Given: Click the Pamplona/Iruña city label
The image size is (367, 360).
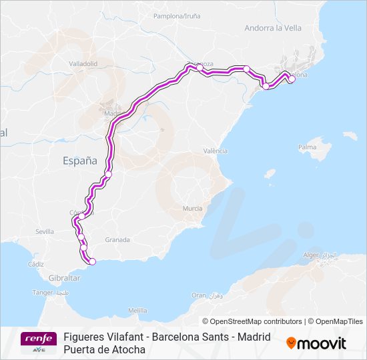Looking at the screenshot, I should [x=177, y=15].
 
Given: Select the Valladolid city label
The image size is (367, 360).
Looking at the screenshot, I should [x=83, y=64].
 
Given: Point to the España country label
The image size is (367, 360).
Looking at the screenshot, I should [x=79, y=161].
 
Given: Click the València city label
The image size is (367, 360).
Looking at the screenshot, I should [x=216, y=151].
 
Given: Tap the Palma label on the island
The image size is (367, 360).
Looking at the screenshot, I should [x=306, y=147].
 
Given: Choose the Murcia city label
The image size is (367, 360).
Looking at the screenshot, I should [x=192, y=209].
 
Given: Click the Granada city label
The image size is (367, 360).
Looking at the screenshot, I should [x=117, y=239].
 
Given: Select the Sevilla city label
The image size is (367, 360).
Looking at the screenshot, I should [x=45, y=231].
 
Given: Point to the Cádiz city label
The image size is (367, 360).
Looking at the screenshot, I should [x=36, y=264].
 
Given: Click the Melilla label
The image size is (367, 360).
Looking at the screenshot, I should [x=137, y=311].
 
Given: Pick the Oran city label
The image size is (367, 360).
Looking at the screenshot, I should [x=199, y=295].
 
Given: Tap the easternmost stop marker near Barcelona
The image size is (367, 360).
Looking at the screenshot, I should [x=292, y=79].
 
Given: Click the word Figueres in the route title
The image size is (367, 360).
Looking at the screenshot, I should [x=85, y=337].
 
